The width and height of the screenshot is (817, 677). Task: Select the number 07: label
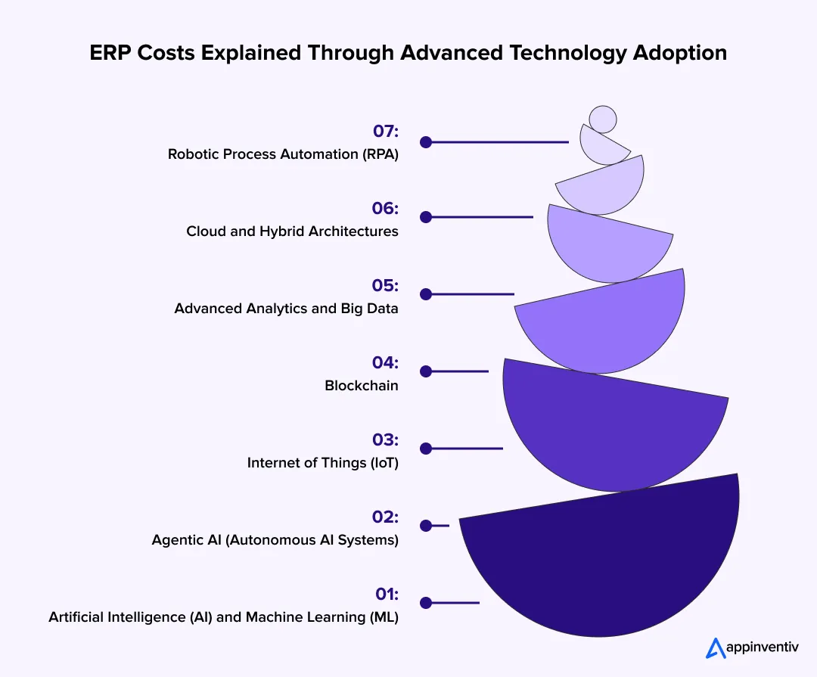click(385, 132)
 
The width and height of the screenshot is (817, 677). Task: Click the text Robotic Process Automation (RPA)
click(283, 154)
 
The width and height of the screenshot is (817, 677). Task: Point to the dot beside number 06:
click(426, 217)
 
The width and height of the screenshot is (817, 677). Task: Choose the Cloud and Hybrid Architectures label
click(292, 231)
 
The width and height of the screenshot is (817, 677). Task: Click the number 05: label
click(385, 286)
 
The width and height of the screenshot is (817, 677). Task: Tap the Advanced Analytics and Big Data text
click(286, 309)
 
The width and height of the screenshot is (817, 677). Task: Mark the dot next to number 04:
click(426, 371)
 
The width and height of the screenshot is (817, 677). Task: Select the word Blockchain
click(362, 386)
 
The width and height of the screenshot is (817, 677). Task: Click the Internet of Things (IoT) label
click(322, 463)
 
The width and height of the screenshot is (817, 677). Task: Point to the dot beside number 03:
click(426, 449)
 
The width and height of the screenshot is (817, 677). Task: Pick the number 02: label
click(385, 517)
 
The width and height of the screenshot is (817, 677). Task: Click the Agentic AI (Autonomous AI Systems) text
click(275, 540)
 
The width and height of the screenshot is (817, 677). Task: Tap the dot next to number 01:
click(426, 603)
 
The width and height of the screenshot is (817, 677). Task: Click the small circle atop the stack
click(603, 119)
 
